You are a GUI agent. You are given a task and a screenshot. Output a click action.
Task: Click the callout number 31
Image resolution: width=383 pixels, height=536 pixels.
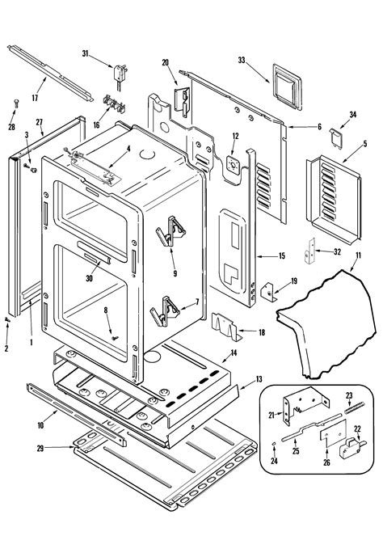pos(85,53)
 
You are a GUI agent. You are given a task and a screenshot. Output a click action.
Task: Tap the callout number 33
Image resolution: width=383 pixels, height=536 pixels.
pos(242,60)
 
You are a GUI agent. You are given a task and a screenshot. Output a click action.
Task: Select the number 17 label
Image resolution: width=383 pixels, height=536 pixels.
pos(35,98)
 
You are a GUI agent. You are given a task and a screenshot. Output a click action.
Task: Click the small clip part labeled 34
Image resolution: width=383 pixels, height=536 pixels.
pos(336,137)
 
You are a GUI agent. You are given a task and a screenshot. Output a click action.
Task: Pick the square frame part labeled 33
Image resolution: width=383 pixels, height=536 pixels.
pos(288,87)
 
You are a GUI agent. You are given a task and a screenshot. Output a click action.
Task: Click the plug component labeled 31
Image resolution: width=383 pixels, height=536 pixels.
pos(120,75)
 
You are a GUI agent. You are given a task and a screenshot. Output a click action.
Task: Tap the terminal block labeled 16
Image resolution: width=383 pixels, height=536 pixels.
pos(114,104)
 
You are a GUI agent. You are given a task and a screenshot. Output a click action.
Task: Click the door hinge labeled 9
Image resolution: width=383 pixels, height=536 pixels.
pos(170,231)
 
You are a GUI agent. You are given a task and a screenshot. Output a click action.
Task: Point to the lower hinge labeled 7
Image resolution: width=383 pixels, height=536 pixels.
pos(165,311)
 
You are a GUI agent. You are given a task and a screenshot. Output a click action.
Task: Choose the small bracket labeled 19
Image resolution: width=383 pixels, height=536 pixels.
pos(269,292)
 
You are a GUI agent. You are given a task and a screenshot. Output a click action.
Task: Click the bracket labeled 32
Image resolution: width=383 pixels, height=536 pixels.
pos(309,251)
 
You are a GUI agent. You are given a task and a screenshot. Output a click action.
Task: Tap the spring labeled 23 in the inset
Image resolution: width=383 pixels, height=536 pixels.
pos(354,407)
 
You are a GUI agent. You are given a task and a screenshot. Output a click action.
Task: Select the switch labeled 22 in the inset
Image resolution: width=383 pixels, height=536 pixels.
pos(352,448)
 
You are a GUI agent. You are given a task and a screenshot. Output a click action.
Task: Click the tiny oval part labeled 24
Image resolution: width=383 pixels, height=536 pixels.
pos(274,444)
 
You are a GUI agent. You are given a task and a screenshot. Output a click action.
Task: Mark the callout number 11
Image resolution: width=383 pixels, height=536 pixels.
pos(358,255)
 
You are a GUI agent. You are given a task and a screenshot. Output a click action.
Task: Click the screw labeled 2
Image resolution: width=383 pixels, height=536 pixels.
pos(7,319)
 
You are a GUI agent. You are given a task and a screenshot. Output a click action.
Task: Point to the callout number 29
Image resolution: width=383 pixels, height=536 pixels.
pos(40,448)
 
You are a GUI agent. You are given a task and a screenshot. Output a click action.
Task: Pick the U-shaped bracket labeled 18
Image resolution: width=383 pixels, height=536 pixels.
pos(226,327)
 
